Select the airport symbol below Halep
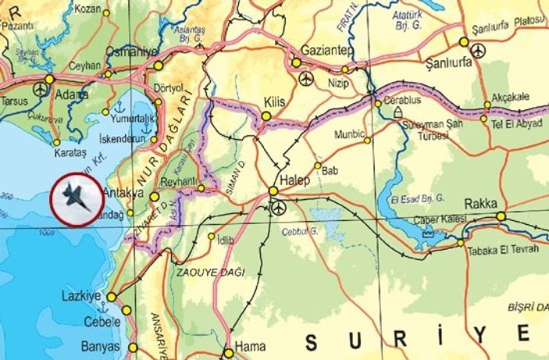tap(280, 207)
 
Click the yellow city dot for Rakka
tap(501, 216)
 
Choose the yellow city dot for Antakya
tap(154, 198)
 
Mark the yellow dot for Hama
tap(228, 351)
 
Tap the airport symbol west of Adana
tap(41, 91)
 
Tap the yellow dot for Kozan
tap(106, 12)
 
